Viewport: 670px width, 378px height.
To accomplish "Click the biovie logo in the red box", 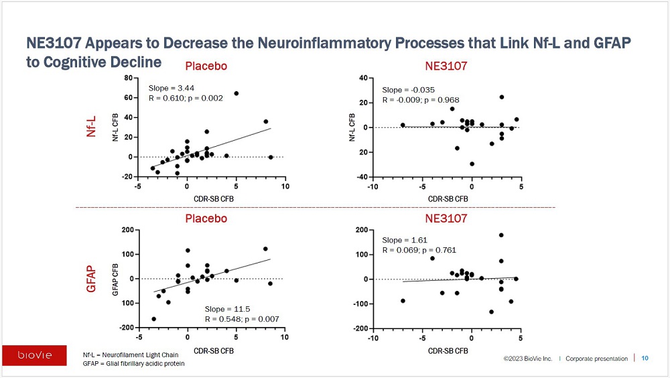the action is (35, 355).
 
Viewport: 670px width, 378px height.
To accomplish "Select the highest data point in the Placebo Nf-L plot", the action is (237, 93).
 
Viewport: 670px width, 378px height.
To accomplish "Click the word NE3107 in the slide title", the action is (54, 43).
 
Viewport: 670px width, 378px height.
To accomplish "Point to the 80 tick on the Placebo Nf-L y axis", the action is (128, 78).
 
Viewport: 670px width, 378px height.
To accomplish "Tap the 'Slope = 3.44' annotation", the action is (172, 88).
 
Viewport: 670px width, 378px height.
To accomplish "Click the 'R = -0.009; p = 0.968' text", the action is (421, 100).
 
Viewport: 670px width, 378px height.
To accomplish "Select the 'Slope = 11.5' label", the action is (227, 309).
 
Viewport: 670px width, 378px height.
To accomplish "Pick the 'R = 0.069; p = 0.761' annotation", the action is (419, 250).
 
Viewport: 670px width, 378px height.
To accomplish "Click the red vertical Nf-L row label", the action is (91, 127).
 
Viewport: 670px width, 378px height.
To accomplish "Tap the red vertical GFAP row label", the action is (91, 279).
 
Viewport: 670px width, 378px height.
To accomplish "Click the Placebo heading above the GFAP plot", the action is (206, 218).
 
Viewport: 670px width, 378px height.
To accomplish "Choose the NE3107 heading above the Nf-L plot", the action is (446, 66).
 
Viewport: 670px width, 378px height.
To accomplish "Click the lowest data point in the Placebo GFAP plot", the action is (154, 319).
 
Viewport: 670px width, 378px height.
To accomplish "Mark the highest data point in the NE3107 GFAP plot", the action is (501, 235).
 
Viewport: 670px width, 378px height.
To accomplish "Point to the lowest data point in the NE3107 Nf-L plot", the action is (472, 164).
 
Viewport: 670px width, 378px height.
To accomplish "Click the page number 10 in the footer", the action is (645, 359).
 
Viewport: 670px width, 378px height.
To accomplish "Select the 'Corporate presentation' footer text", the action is (596, 359).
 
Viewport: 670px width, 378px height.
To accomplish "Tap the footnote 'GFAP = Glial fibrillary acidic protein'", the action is (134, 363).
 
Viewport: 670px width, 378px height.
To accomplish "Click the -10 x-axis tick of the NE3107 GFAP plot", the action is (373, 338).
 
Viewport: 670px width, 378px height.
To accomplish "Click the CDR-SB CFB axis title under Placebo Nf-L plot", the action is (214, 199).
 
